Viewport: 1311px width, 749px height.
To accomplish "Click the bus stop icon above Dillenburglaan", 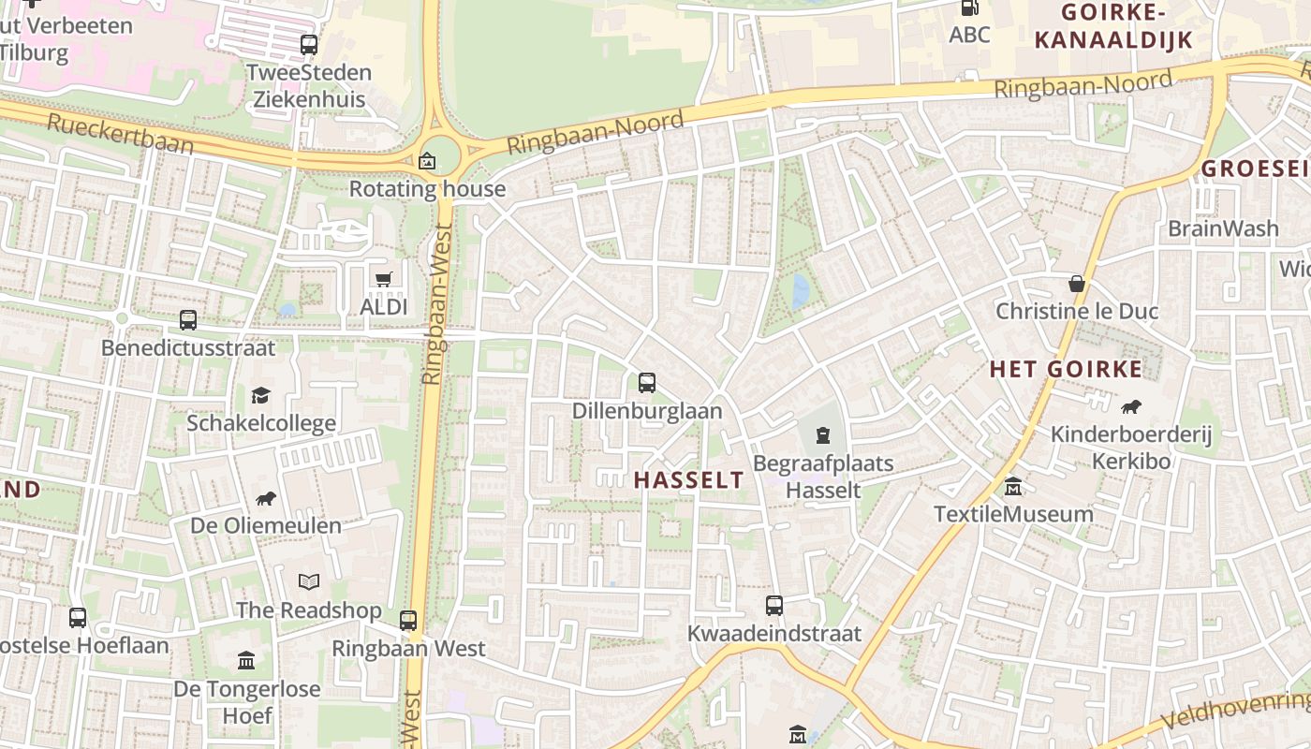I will click(x=646, y=382).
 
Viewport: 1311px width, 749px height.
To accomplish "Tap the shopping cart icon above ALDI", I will click(x=383, y=279).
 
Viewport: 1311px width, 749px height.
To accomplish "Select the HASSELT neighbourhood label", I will click(x=688, y=480).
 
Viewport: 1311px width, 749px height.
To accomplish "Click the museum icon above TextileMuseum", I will click(x=1013, y=487).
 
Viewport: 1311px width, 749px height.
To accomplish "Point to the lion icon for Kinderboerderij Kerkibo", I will click(x=1131, y=406).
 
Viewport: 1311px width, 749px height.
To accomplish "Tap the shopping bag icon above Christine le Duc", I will click(x=1077, y=283).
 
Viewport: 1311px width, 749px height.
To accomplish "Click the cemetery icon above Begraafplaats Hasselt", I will click(x=822, y=435).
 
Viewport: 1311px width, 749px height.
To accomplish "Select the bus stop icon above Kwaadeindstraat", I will click(x=773, y=606).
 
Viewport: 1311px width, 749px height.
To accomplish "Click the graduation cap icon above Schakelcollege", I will click(x=260, y=395).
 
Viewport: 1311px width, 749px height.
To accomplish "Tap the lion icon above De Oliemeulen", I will click(x=266, y=498).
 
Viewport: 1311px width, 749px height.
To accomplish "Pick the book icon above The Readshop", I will click(x=309, y=582).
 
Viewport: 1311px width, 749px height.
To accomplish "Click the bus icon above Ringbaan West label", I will click(x=408, y=620).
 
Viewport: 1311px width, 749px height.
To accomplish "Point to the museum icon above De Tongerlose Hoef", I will click(x=246, y=661).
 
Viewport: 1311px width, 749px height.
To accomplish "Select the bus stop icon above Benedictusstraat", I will click(x=188, y=320).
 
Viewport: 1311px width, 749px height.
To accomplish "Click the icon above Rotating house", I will click(x=427, y=161).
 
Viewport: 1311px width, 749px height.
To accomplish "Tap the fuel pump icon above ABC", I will click(x=969, y=7).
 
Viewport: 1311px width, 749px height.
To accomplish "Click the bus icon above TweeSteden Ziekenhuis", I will click(x=309, y=44).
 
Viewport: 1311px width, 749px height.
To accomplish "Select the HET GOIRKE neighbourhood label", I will click(x=1066, y=369).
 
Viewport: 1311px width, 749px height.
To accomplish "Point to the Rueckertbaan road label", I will click(x=120, y=134).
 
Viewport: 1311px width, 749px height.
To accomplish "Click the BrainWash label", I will click(x=1223, y=228).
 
